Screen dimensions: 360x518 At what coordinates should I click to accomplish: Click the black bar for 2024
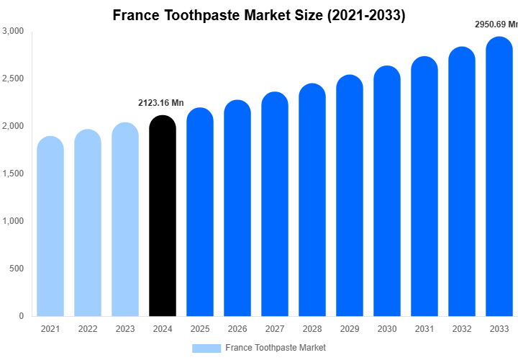[163, 216]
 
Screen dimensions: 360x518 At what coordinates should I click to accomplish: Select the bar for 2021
[50, 227]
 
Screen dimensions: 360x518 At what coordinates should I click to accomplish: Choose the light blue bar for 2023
[125, 220]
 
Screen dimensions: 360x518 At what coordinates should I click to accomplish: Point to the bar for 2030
[387, 191]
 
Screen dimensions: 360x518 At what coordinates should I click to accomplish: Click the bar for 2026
[237, 209]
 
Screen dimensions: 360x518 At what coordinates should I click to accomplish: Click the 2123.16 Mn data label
[161, 103]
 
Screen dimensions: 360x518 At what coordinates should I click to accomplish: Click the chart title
[259, 15]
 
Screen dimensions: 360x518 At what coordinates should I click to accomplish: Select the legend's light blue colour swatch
[206, 348]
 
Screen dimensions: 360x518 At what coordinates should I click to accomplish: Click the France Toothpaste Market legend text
[276, 348]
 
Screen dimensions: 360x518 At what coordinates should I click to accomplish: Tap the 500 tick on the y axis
[17, 269]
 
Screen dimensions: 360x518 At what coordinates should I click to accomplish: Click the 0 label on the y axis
[22, 316]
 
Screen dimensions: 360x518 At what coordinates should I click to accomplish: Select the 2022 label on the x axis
[88, 329]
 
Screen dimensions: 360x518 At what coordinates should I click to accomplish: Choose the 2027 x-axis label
[275, 329]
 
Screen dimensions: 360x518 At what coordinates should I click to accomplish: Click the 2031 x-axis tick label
[424, 329]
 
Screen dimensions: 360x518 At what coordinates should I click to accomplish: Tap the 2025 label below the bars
[200, 329]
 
